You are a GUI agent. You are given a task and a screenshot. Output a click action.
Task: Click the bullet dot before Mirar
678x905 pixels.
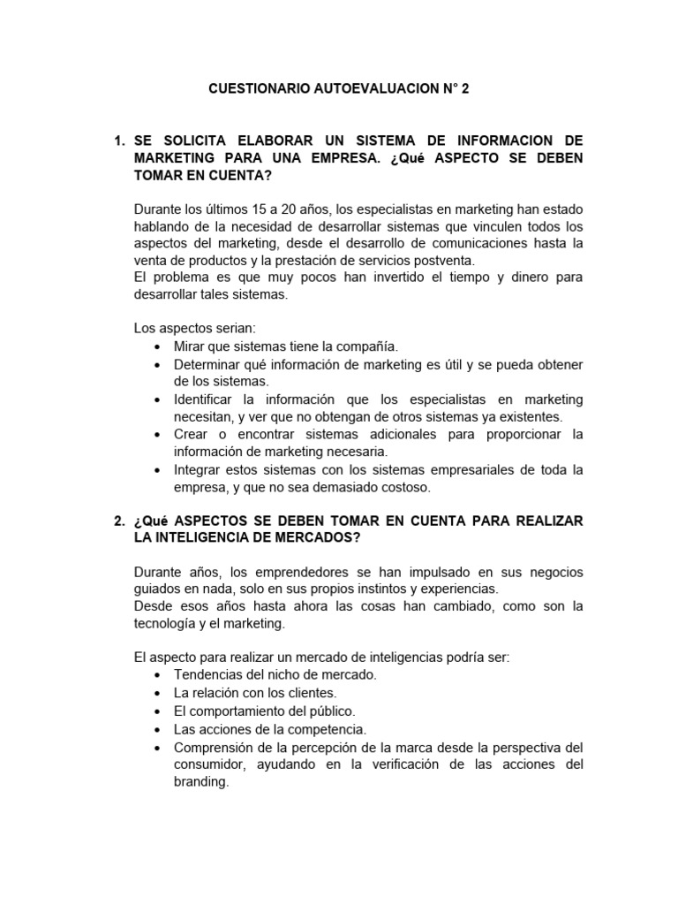pyautogui.click(x=157, y=346)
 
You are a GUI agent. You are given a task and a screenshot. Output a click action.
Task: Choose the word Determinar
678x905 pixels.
pyautogui.click(x=207, y=364)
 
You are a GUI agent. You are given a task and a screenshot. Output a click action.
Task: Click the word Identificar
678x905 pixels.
pyautogui.click(x=208, y=399)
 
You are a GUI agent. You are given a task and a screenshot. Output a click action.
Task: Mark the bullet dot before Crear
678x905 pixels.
pyautogui.click(x=157, y=435)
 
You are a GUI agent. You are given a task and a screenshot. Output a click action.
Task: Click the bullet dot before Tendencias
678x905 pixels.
pyautogui.click(x=157, y=676)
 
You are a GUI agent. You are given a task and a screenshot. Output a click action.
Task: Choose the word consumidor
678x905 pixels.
pyautogui.click(x=210, y=764)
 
